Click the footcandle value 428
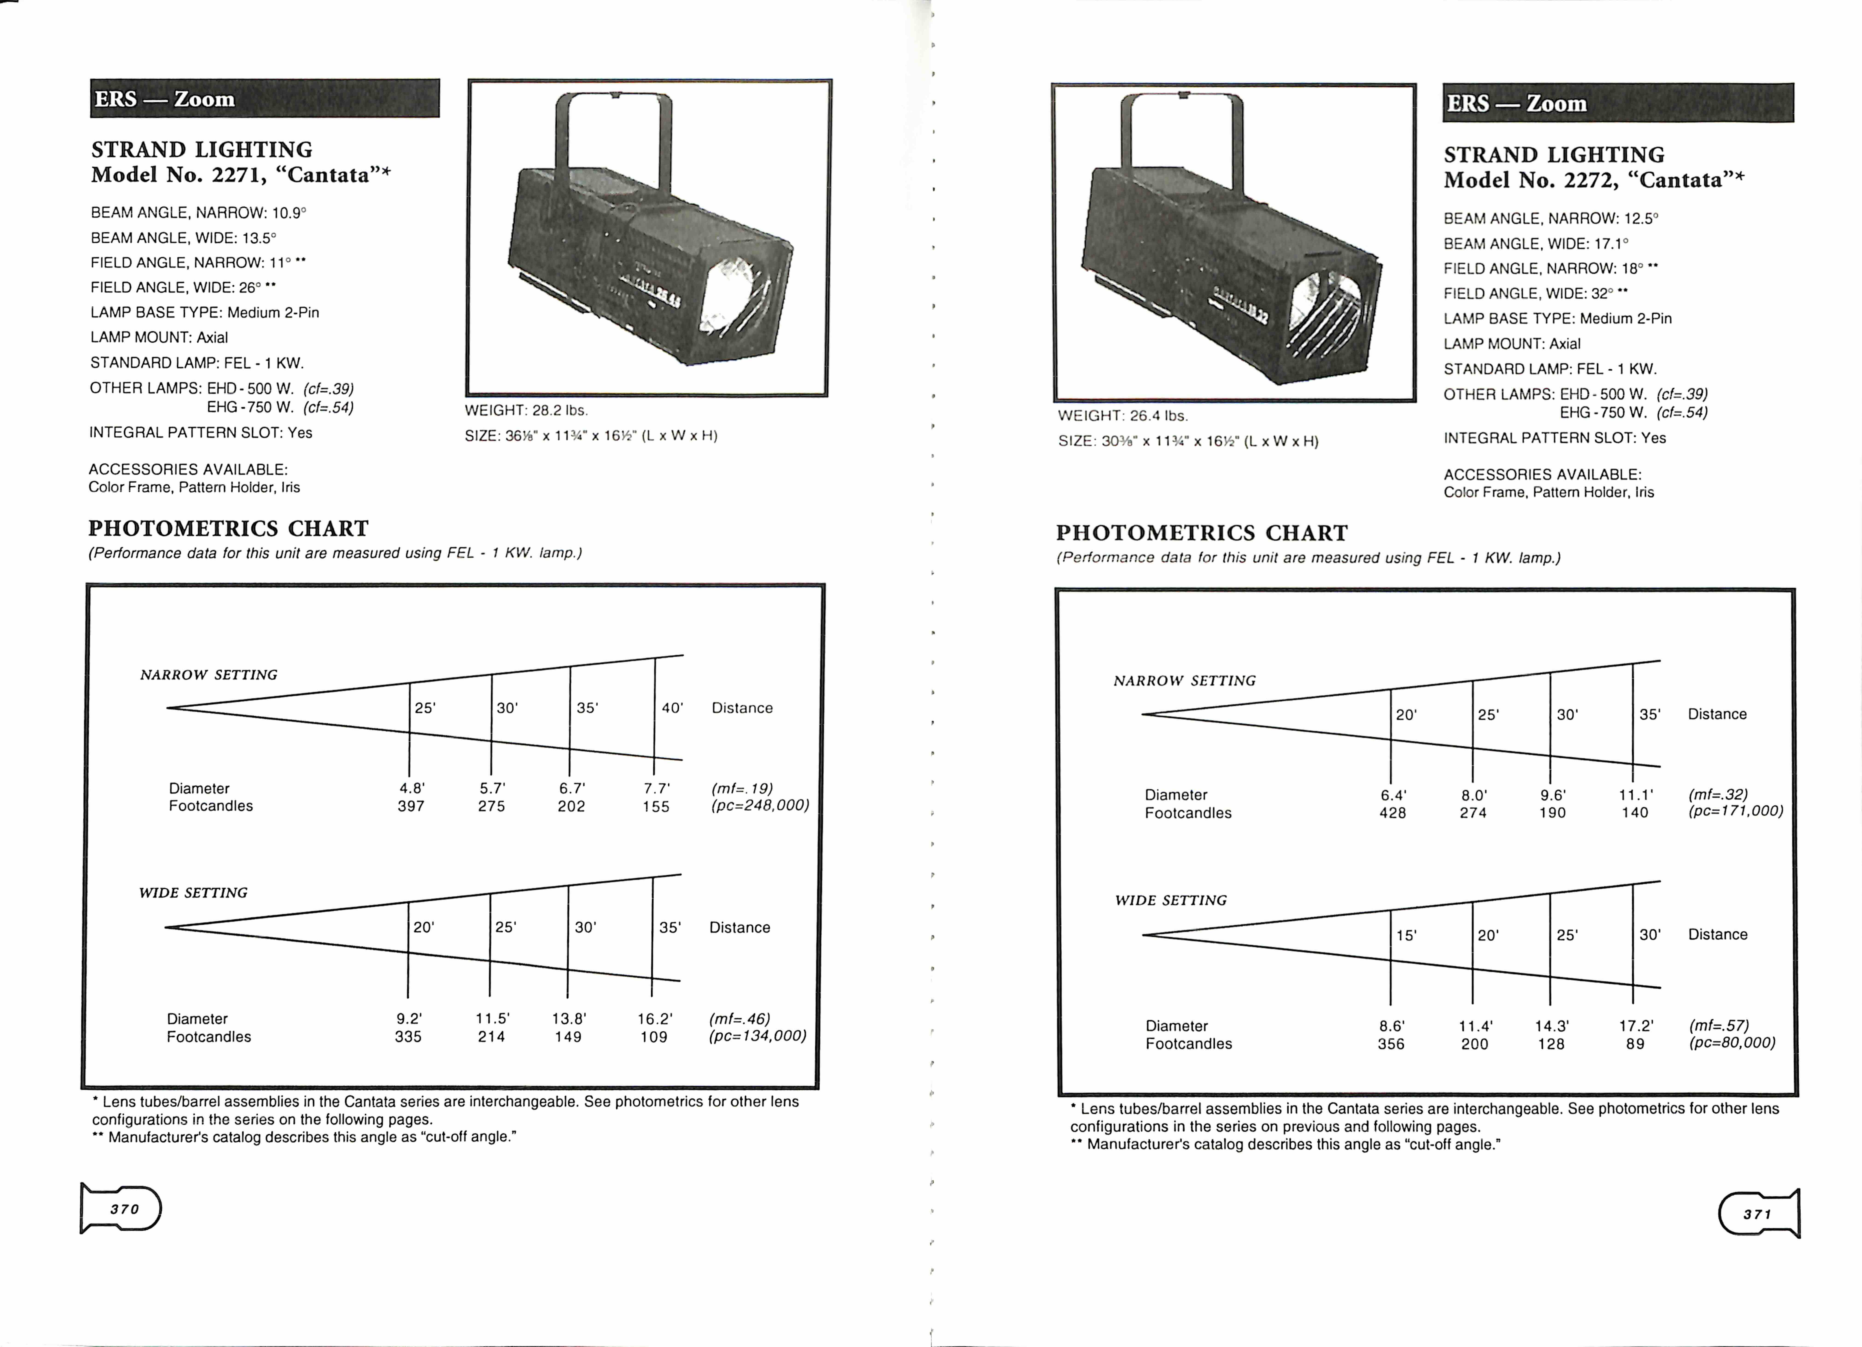(1392, 813)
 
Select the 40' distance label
(672, 708)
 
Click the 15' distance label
(1406, 935)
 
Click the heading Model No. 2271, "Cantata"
(241, 175)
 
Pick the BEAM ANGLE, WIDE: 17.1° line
(1535, 244)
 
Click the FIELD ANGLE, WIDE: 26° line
(182, 287)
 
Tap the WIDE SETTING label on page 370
(193, 892)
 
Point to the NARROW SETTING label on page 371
(1184, 680)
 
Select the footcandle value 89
(1635, 1044)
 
